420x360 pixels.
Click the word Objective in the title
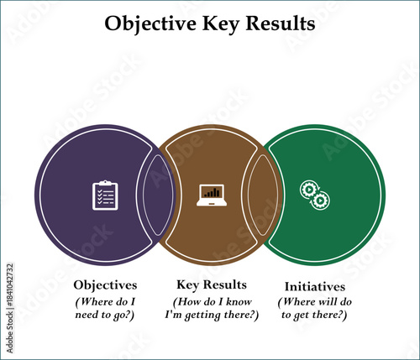[x=148, y=24]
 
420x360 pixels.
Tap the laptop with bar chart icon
[x=210, y=196]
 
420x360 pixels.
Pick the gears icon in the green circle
[x=314, y=196]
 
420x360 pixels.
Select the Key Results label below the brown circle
[x=211, y=284]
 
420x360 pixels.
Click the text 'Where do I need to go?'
[x=105, y=307]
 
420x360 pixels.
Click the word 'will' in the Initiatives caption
[x=326, y=301]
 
